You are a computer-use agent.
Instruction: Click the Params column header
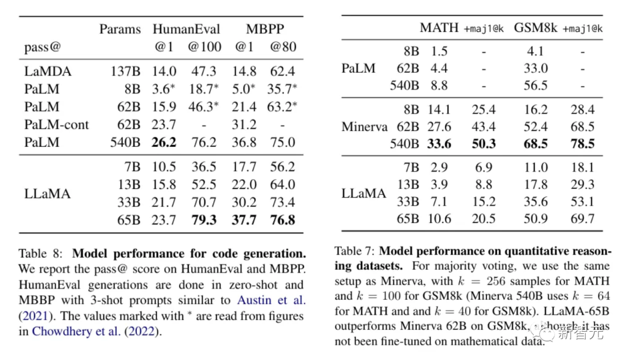120,29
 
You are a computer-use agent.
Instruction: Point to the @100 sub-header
204,46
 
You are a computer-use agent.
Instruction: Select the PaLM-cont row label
56,124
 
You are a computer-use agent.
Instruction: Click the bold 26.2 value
165,142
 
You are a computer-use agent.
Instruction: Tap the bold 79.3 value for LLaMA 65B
204,220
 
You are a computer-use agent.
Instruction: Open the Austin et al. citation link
271,300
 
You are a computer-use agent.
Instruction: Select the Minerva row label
365,127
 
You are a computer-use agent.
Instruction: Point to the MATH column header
439,28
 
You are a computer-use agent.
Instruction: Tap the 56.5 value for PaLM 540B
536,85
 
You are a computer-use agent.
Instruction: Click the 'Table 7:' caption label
355,252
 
